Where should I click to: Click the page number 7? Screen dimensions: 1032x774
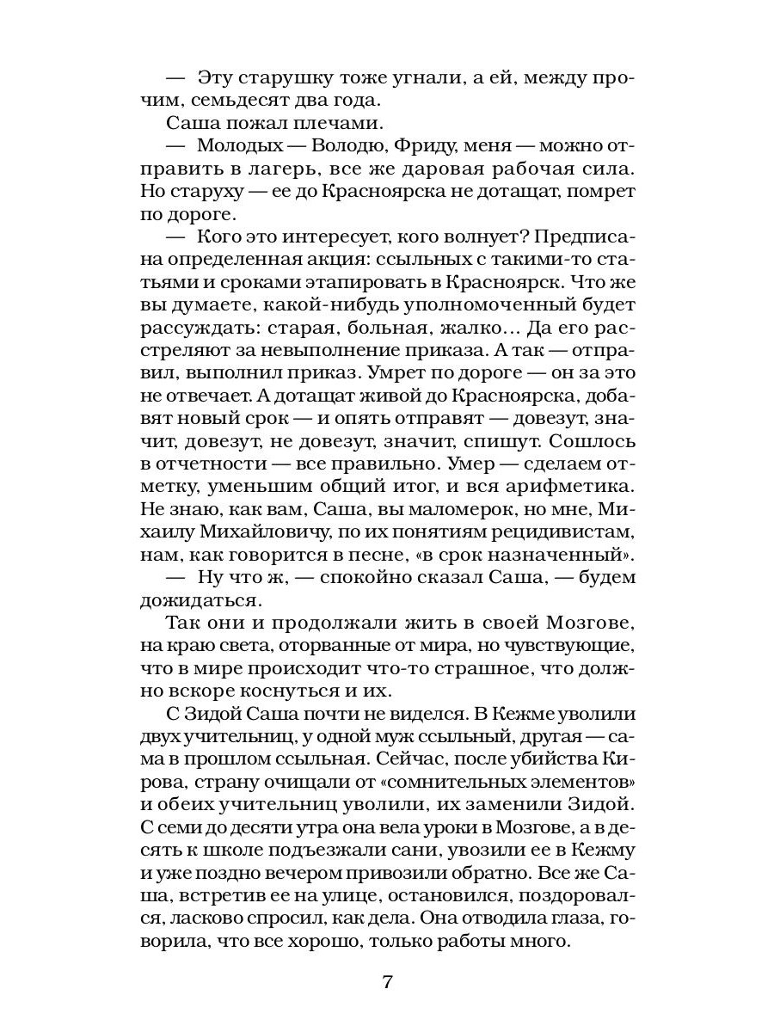pyautogui.click(x=386, y=982)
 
